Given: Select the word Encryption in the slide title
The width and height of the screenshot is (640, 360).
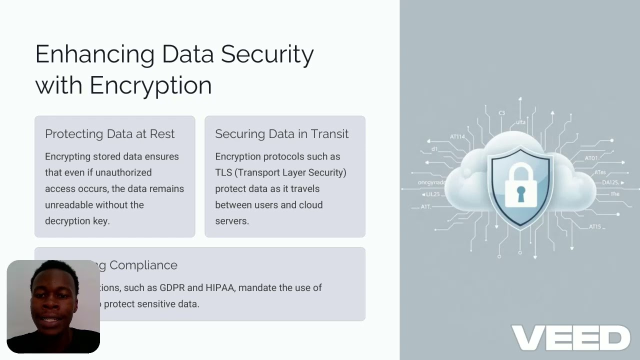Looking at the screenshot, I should coord(150,85).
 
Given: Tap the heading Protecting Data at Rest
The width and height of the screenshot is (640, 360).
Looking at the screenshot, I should coord(109,134).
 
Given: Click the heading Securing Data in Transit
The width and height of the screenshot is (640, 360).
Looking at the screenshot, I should coord(281,134).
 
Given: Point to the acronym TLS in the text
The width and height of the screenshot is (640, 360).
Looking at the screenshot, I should coord(223,172).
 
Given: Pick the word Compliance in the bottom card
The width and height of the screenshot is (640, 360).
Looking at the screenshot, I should coord(143,265).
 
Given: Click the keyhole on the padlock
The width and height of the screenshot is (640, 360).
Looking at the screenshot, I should coord(520,193).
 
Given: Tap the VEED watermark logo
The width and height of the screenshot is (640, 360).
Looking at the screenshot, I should coord(570,338).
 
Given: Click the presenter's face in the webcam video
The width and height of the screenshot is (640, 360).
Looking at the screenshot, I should coord(53,303).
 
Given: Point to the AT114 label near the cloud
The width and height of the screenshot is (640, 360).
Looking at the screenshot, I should coord(457,136).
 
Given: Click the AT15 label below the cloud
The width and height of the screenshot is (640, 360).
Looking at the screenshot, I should coord(595,226).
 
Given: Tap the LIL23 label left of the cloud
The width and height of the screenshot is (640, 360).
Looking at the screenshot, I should coord(431,194).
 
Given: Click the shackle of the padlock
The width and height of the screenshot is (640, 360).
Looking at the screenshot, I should coord(520,170).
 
